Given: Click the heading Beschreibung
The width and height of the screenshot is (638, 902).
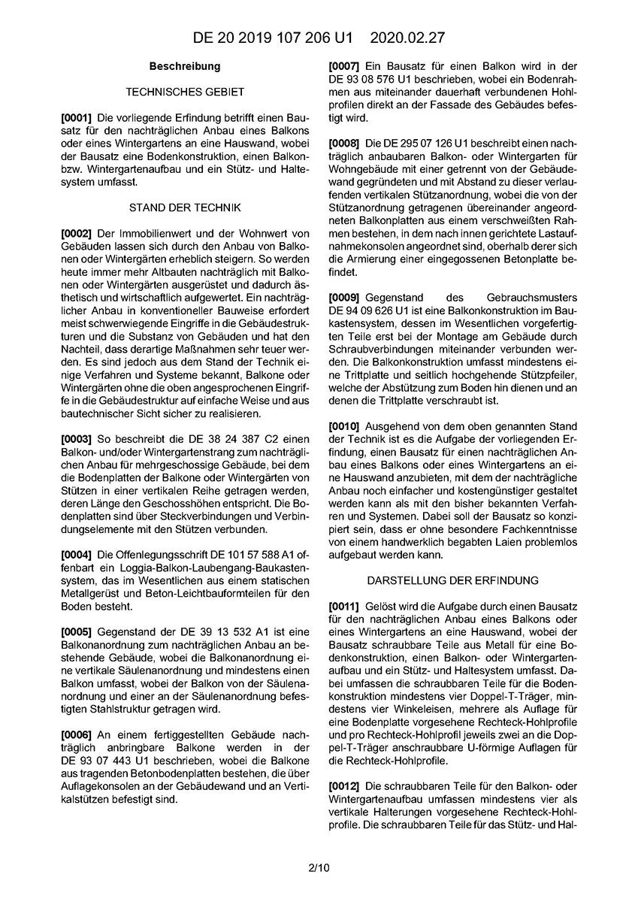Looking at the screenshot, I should [x=185, y=66].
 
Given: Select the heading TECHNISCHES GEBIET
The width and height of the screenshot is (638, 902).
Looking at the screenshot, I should [x=185, y=92].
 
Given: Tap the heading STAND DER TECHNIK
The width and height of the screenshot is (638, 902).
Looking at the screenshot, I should [x=185, y=207].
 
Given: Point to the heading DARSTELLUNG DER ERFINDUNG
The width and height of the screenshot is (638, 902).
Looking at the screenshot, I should [x=452, y=580].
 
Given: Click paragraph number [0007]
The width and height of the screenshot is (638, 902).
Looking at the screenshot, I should [x=344, y=66].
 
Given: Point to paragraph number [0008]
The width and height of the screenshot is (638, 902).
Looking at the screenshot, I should [x=344, y=143].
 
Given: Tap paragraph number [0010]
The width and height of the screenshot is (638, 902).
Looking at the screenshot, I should [x=344, y=426].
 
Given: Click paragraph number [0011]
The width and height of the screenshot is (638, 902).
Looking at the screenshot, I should [x=344, y=606].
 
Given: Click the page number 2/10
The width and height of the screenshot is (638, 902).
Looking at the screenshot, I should [x=319, y=867].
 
